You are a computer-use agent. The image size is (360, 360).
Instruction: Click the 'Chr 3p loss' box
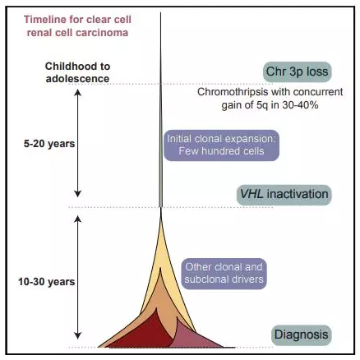tap(297, 72)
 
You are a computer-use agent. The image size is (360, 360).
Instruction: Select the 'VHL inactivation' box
tap(284, 195)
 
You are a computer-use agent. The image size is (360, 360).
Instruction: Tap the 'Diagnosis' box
tap(302, 335)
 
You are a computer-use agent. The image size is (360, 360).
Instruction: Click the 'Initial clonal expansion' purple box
tap(221, 145)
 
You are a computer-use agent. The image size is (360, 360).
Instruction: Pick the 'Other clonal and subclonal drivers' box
tap(224, 274)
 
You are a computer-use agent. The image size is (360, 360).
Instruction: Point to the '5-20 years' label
tap(49, 144)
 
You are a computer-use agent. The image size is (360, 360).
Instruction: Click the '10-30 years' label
tap(47, 282)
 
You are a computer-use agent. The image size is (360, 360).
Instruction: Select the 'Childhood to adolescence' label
tap(77, 72)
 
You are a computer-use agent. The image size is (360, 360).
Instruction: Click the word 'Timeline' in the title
tap(41, 20)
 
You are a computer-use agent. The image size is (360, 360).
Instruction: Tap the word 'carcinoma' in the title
tap(102, 33)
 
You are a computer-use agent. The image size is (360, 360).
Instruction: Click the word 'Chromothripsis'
tap(233, 92)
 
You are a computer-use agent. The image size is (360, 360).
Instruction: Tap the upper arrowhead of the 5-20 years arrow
tap(78, 93)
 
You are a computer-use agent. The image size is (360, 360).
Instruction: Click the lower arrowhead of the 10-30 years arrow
tap(78, 336)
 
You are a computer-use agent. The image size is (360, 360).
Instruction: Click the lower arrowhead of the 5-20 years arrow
tap(78, 193)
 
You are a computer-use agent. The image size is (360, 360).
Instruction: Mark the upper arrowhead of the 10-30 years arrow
tap(78, 219)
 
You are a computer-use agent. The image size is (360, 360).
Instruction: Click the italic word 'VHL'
tap(252, 194)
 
